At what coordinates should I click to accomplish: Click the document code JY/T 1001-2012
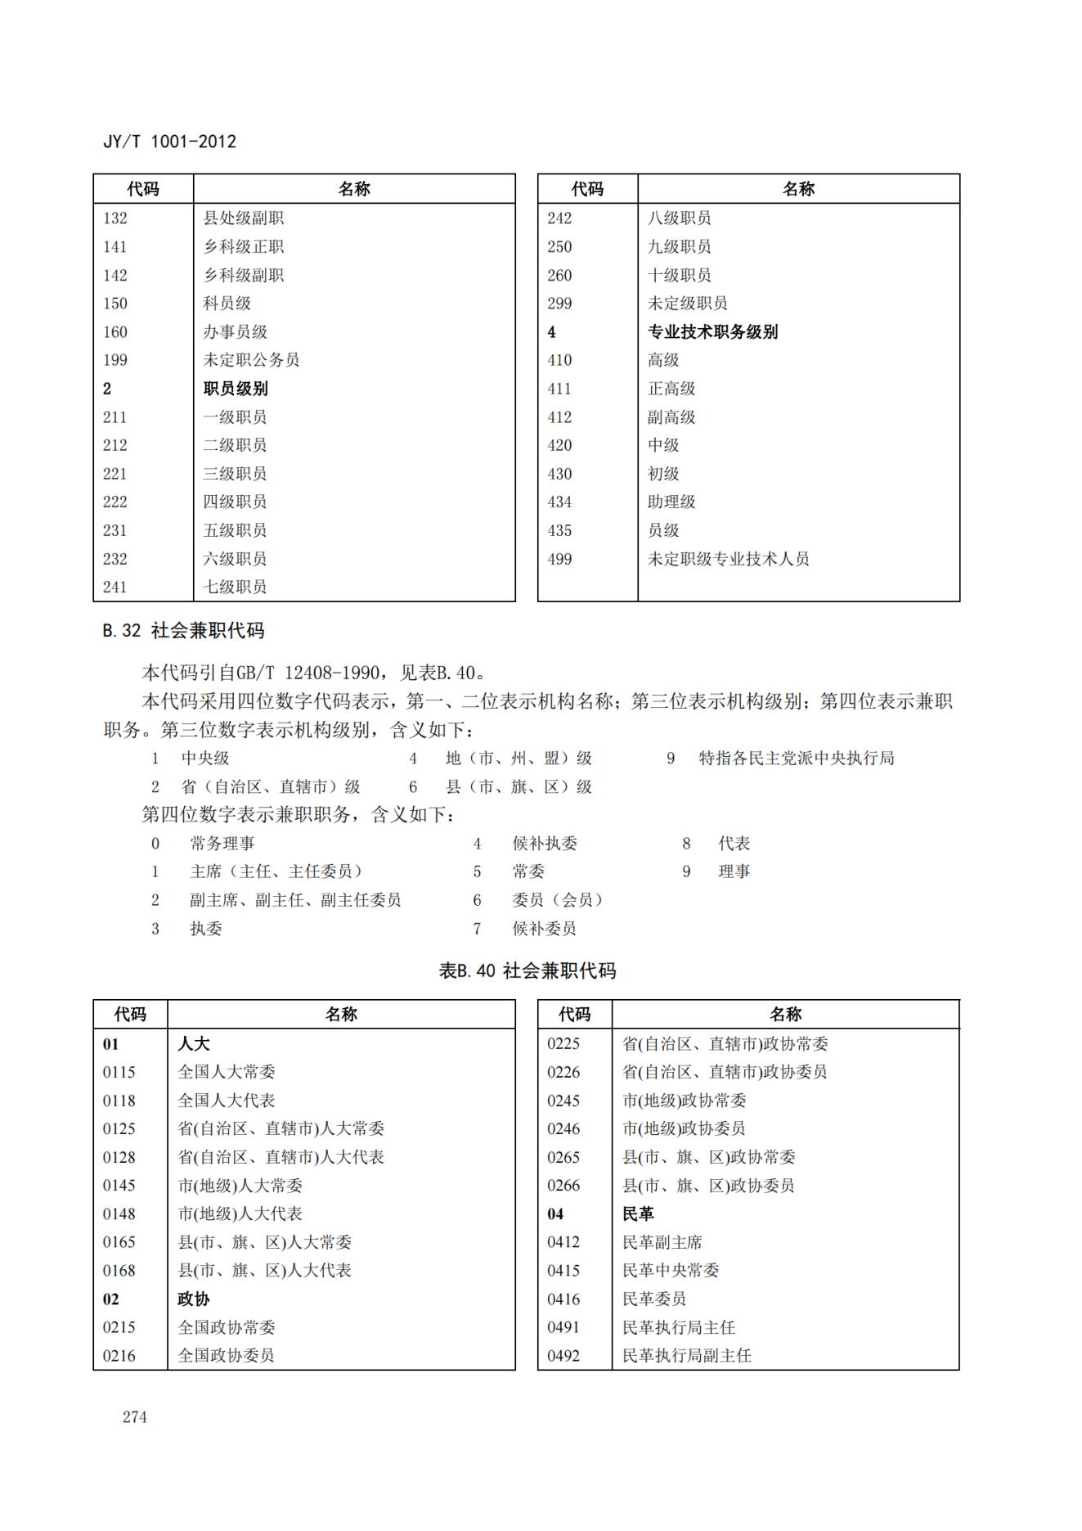[169, 142]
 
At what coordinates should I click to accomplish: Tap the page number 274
[135, 1416]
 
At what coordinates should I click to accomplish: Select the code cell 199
[115, 360]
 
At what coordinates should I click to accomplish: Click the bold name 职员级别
[236, 389]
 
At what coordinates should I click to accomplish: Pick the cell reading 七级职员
[235, 587]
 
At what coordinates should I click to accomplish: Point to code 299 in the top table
[560, 304]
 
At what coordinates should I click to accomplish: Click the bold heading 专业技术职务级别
[712, 332]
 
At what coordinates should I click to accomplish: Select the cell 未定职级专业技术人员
[728, 559]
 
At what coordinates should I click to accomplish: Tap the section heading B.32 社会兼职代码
[183, 631]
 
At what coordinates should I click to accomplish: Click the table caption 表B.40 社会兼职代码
[528, 971]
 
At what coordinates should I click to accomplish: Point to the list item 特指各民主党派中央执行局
[796, 759]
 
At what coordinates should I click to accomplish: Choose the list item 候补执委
[545, 844]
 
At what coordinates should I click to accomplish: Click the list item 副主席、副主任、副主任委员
[295, 900]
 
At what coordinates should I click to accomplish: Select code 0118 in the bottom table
[119, 1101]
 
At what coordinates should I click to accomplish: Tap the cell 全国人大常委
[227, 1072]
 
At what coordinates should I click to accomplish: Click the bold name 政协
[194, 1299]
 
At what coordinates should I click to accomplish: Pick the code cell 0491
[563, 1327]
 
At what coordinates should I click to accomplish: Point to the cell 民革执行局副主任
[686, 1356]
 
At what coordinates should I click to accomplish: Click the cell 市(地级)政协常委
[684, 1101]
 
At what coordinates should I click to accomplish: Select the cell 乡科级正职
[244, 247]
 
